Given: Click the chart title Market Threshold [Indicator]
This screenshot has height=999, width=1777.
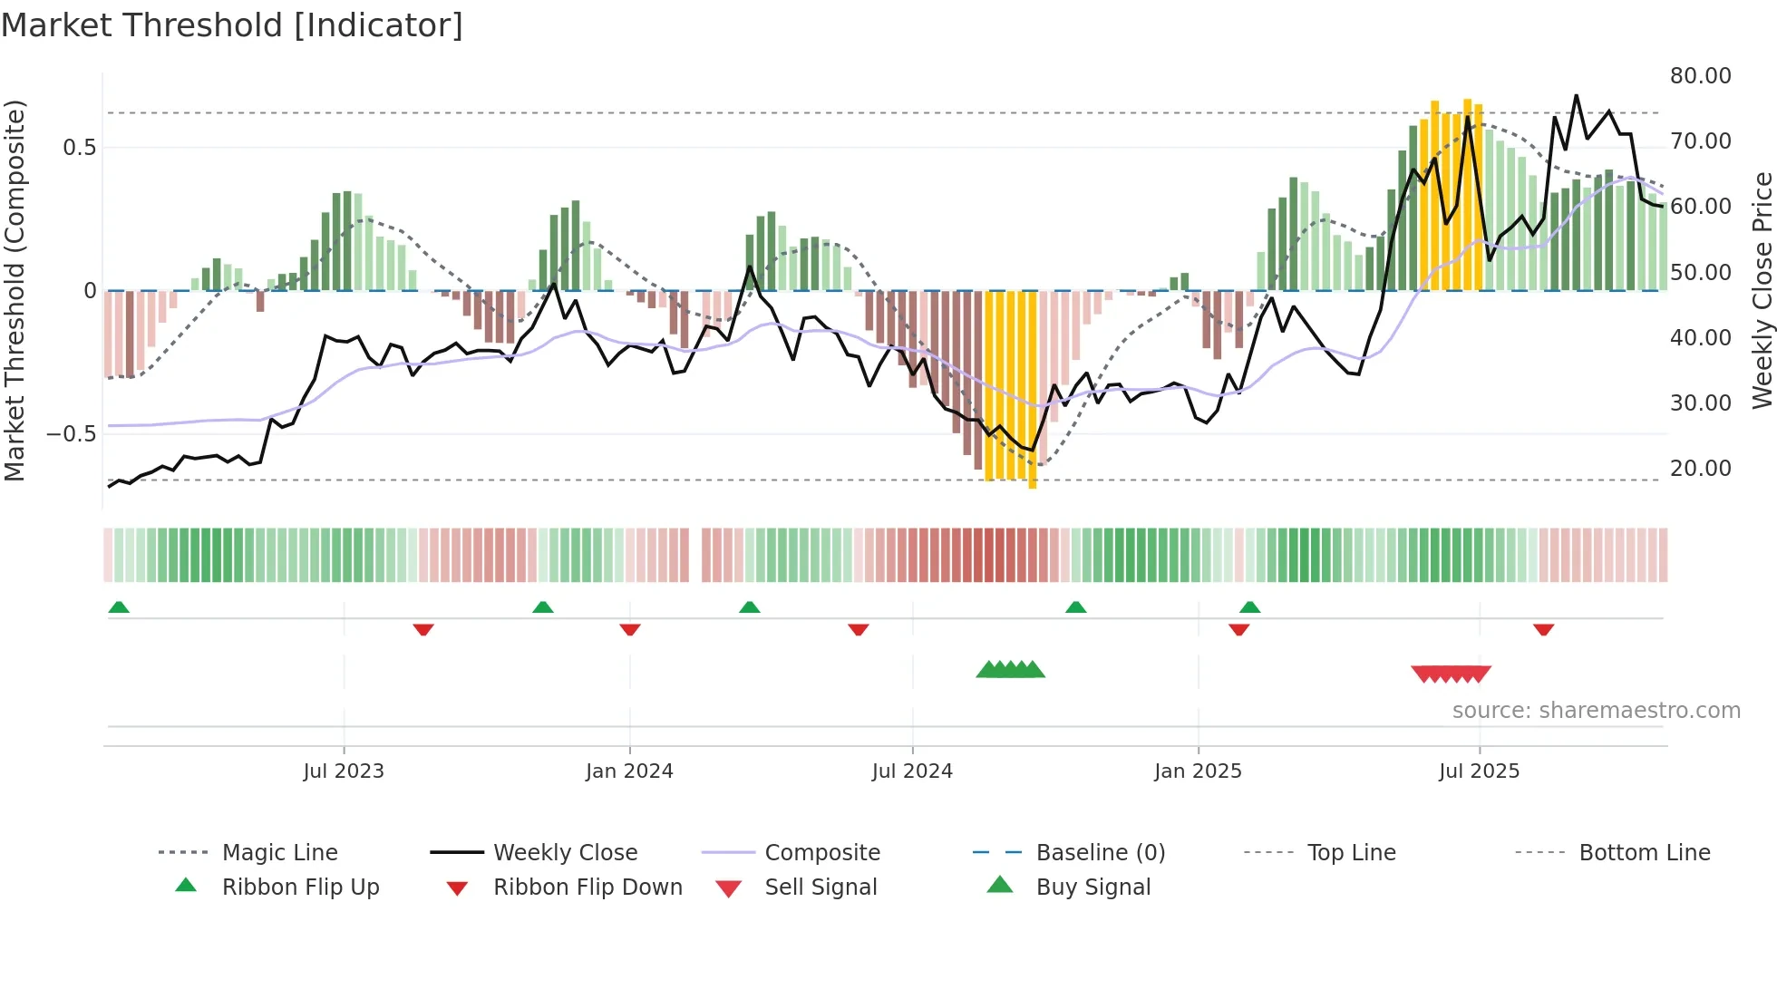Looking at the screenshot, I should click(232, 25).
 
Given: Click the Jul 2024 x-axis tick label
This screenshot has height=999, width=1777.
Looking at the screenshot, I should click(912, 771).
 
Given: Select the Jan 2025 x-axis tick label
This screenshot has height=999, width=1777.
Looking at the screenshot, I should click(1198, 771).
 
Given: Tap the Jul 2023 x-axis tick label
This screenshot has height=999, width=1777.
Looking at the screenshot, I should click(344, 771).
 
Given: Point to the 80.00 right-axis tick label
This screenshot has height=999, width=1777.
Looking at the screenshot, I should click(1700, 76).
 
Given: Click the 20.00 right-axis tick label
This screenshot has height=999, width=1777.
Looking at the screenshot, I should click(1700, 469).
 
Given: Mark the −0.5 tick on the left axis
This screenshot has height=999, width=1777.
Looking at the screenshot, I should click(72, 434).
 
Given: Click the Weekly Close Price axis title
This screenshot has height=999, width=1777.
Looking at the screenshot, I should click(1762, 290).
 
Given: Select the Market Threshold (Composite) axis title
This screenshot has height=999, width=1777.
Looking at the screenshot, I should click(15, 290).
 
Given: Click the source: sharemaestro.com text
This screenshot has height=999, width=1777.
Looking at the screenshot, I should click(1596, 711).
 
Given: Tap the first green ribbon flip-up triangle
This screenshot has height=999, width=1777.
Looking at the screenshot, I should click(119, 607).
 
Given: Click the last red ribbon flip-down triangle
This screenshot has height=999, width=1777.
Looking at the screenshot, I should click(1544, 630).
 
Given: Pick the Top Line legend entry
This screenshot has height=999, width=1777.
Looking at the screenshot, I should click(1351, 853).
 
